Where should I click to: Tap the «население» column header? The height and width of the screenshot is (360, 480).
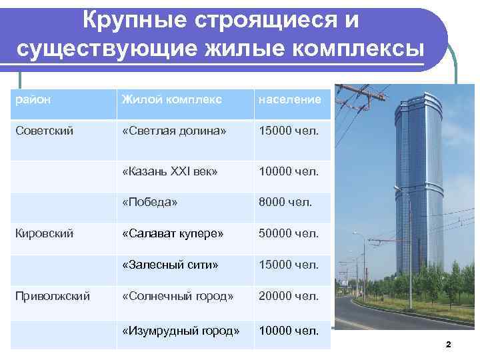290,99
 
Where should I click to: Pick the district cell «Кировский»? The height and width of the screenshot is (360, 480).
45,233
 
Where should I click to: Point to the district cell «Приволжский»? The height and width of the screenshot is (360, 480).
53,295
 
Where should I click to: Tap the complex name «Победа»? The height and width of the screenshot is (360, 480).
149,201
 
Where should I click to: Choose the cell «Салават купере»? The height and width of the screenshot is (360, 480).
173,233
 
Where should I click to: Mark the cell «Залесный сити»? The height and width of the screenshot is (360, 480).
170,265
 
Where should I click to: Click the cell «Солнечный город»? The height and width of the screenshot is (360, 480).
177,295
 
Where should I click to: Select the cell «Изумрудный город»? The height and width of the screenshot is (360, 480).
180,330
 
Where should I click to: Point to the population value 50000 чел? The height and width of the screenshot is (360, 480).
289,233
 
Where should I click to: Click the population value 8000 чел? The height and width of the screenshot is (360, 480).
286,201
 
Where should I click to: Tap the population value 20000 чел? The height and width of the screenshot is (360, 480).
289,295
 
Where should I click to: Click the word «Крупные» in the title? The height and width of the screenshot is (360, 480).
129,21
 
